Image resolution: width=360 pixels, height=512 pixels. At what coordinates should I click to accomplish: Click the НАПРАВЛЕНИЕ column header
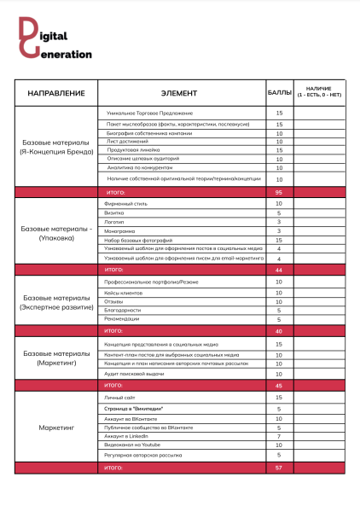click(56, 92)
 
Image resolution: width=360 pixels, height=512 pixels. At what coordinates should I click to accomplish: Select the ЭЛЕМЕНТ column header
click(178, 92)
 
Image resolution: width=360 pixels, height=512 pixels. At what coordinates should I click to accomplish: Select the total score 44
click(279, 270)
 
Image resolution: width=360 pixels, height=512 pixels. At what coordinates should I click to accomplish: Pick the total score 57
click(279, 468)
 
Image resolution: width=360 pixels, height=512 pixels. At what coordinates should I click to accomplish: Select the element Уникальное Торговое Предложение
click(150, 113)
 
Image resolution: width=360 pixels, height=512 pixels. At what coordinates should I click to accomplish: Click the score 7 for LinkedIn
click(279, 436)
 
